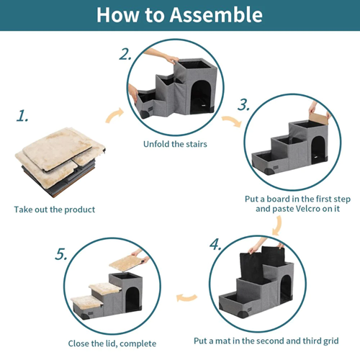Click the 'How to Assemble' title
point(179,15)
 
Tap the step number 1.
point(23,116)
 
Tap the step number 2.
point(126,54)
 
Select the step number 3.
point(243,105)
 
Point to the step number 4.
point(215,243)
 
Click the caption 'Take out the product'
point(54,210)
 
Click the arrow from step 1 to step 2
point(113,116)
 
